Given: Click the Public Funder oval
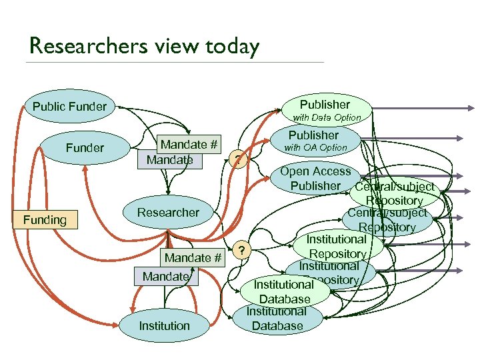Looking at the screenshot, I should [69, 107].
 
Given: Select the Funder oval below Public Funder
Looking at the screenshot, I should [85, 148].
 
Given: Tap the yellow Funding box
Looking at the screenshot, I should [45, 220].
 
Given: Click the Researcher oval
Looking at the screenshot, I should [168, 213].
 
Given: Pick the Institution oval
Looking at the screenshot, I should [164, 326].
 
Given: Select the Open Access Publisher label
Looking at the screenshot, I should [315, 179].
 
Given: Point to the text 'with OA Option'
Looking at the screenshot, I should [316, 147].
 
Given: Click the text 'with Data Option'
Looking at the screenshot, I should [327, 117].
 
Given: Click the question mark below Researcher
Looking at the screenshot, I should [244, 251].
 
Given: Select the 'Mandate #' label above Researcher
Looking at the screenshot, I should [189, 145].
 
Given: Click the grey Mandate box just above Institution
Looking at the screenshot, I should [165, 276].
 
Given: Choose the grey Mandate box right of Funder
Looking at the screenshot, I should [169, 160].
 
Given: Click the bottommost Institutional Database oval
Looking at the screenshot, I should [277, 319].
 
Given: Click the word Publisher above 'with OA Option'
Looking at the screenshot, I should [313, 135].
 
